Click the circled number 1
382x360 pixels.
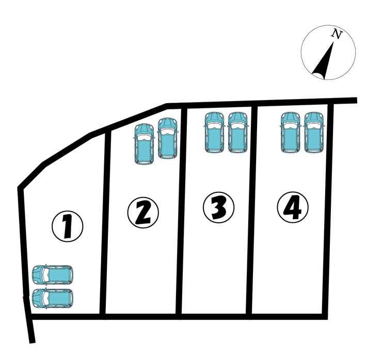click(x=68, y=226)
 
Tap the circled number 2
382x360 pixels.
click(x=143, y=212)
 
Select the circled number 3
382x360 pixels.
click(x=218, y=207)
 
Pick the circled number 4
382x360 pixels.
click(x=293, y=207)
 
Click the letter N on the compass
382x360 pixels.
click(x=337, y=34)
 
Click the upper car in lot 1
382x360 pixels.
click(x=53, y=275)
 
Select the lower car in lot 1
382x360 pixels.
click(x=53, y=299)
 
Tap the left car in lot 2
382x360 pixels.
click(x=144, y=144)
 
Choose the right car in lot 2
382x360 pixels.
click(x=168, y=139)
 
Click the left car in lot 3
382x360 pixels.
click(x=214, y=133)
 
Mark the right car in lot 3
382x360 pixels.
click(x=237, y=133)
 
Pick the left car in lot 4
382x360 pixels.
click(x=291, y=133)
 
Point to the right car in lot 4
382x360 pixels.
click(x=314, y=133)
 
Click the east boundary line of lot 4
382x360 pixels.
click(x=328, y=210)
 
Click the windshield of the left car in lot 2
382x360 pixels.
click(x=144, y=137)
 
